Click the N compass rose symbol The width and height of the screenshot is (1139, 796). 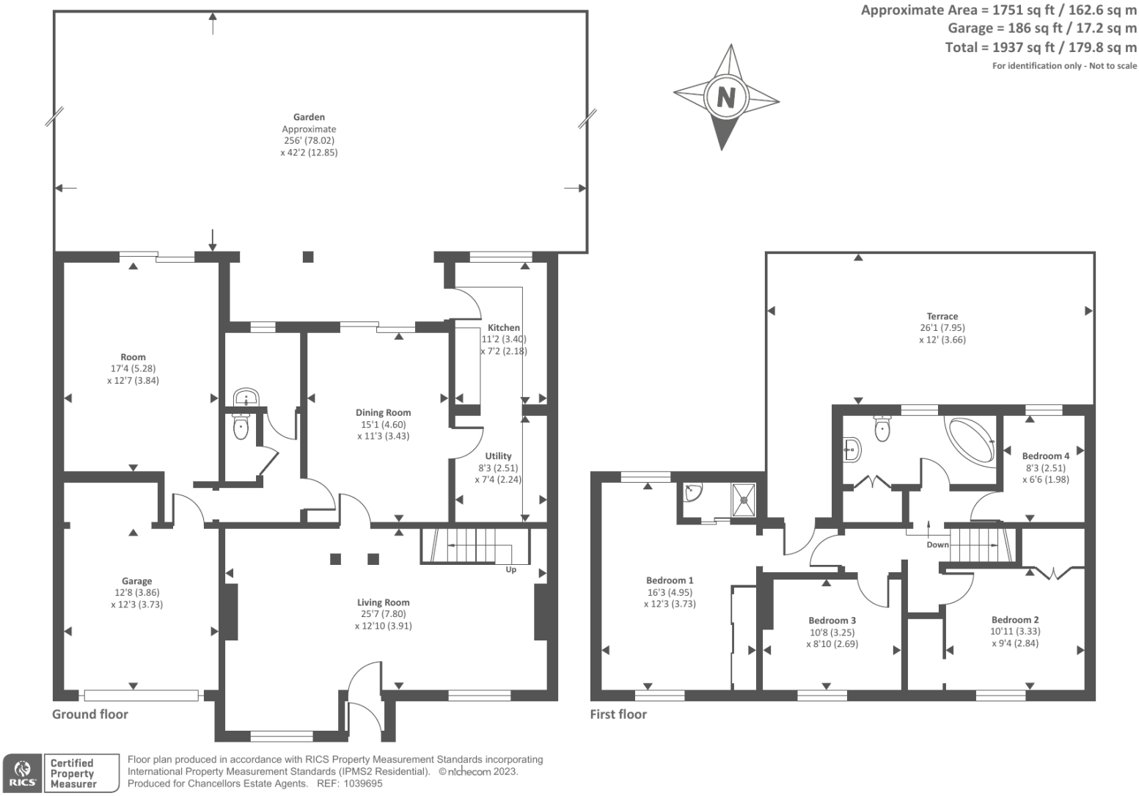click(x=725, y=97)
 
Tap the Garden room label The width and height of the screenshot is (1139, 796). click(x=309, y=117)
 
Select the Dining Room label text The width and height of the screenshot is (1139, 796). click(x=383, y=412)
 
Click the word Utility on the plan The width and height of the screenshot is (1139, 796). click(x=498, y=456)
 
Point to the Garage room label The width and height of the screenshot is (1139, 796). click(x=137, y=581)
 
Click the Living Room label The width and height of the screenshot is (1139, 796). click(x=383, y=602)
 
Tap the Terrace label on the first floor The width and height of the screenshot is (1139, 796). click(x=942, y=316)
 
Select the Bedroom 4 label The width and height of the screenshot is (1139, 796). click(x=1045, y=456)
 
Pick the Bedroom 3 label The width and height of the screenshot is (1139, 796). click(x=832, y=620)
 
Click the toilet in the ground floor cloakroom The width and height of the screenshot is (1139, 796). click(x=241, y=427)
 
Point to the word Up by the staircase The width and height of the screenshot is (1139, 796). click(x=510, y=569)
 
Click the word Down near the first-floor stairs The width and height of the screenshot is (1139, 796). click(x=937, y=544)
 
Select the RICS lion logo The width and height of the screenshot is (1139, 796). click(x=22, y=773)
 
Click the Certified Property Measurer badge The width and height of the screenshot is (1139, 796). click(x=80, y=773)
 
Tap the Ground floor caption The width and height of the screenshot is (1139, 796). click(x=89, y=714)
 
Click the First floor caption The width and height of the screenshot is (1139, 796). click(x=618, y=714)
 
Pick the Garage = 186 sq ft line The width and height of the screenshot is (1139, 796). click(x=1041, y=29)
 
